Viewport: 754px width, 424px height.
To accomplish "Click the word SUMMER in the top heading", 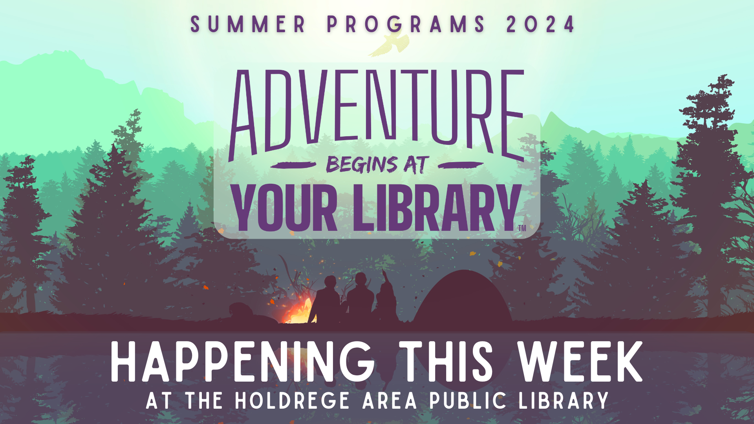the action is pos(248,24).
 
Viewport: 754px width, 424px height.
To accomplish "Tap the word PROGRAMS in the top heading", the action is pos(406,24).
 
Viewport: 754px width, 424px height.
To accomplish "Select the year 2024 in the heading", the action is pos(540,24).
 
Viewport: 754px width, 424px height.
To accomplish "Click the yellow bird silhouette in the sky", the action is pos(389,44).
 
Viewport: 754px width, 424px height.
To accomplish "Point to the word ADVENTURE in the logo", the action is pos(377,114).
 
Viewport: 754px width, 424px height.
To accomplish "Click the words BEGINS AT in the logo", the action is pos(377,165).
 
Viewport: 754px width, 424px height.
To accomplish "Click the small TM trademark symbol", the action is pos(522,228).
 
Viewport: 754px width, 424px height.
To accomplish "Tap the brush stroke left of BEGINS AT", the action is pos(293,165).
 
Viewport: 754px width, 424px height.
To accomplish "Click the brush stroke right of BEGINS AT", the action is pos(461,165).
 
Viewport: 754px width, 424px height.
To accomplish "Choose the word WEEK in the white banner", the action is pos(580,362).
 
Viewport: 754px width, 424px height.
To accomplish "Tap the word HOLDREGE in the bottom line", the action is pos(292,400).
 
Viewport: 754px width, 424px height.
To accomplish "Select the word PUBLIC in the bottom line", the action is pos(468,400).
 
